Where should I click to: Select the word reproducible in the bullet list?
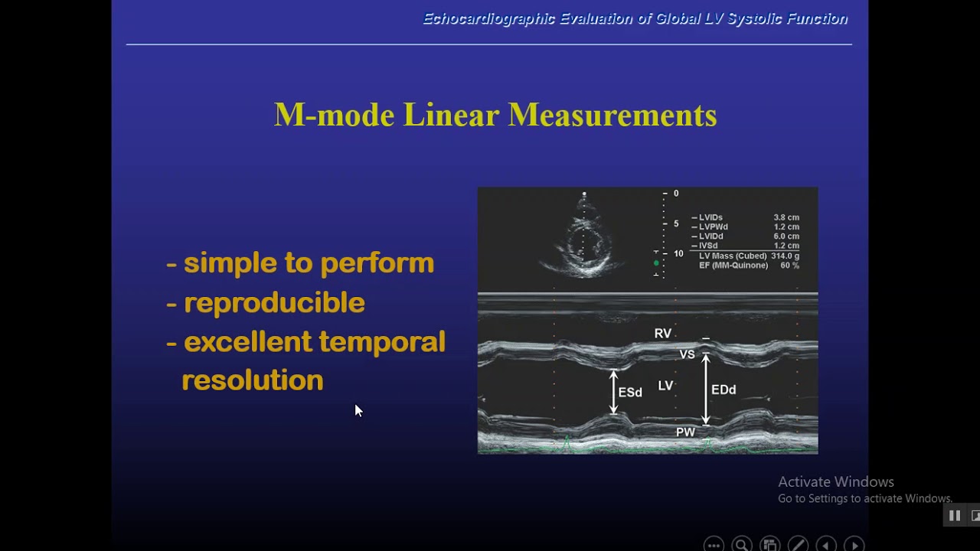pyautogui.click(x=274, y=303)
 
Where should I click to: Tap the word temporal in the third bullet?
pyautogui.click(x=381, y=342)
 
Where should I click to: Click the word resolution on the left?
pyautogui.click(x=252, y=380)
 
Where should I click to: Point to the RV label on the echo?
pyautogui.click(x=662, y=334)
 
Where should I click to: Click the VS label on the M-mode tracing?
pyautogui.click(x=687, y=354)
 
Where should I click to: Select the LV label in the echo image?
pyautogui.click(x=665, y=386)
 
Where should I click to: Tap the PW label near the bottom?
pyautogui.click(x=685, y=432)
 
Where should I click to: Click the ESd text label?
pyautogui.click(x=630, y=393)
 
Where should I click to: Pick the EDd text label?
pyautogui.click(x=724, y=390)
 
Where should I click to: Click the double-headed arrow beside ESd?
pyautogui.click(x=613, y=393)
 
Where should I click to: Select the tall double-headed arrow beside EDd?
pyautogui.click(x=706, y=390)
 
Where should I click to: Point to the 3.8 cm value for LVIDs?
pyautogui.click(x=786, y=217)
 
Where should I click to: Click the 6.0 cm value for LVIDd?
pyautogui.click(x=786, y=236)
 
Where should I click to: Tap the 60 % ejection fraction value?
pyautogui.click(x=789, y=266)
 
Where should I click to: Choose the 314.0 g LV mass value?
pyautogui.click(x=785, y=256)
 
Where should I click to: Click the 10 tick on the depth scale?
pyautogui.click(x=678, y=253)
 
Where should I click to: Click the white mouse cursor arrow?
pyautogui.click(x=358, y=411)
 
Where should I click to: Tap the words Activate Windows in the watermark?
pyautogui.click(x=835, y=482)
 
